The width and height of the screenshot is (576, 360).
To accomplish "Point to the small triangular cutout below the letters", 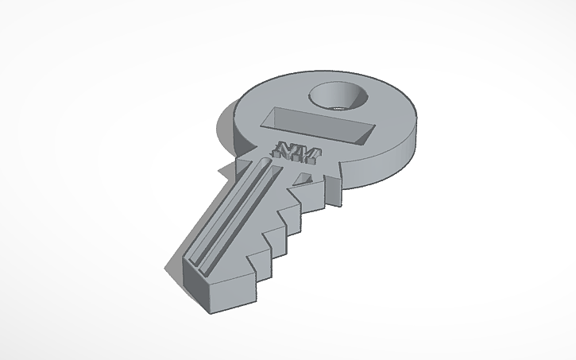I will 303,178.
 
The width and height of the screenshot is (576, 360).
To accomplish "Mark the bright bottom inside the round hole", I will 340,103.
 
